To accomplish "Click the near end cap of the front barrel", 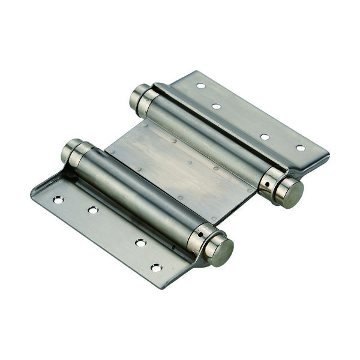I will click(x=221, y=251).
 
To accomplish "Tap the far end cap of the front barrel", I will click(x=71, y=150).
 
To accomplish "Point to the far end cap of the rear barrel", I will click(x=140, y=95).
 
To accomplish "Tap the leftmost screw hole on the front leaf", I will click(x=58, y=200).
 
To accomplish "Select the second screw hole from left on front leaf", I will click(x=93, y=210).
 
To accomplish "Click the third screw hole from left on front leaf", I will click(x=140, y=242).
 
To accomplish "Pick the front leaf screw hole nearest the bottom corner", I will click(x=156, y=267).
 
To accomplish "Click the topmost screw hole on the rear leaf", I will click(x=200, y=86).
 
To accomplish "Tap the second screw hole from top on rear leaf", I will click(x=216, y=106).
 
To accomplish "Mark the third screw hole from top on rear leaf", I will click(x=265, y=137).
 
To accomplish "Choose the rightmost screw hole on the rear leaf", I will click(x=301, y=148).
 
